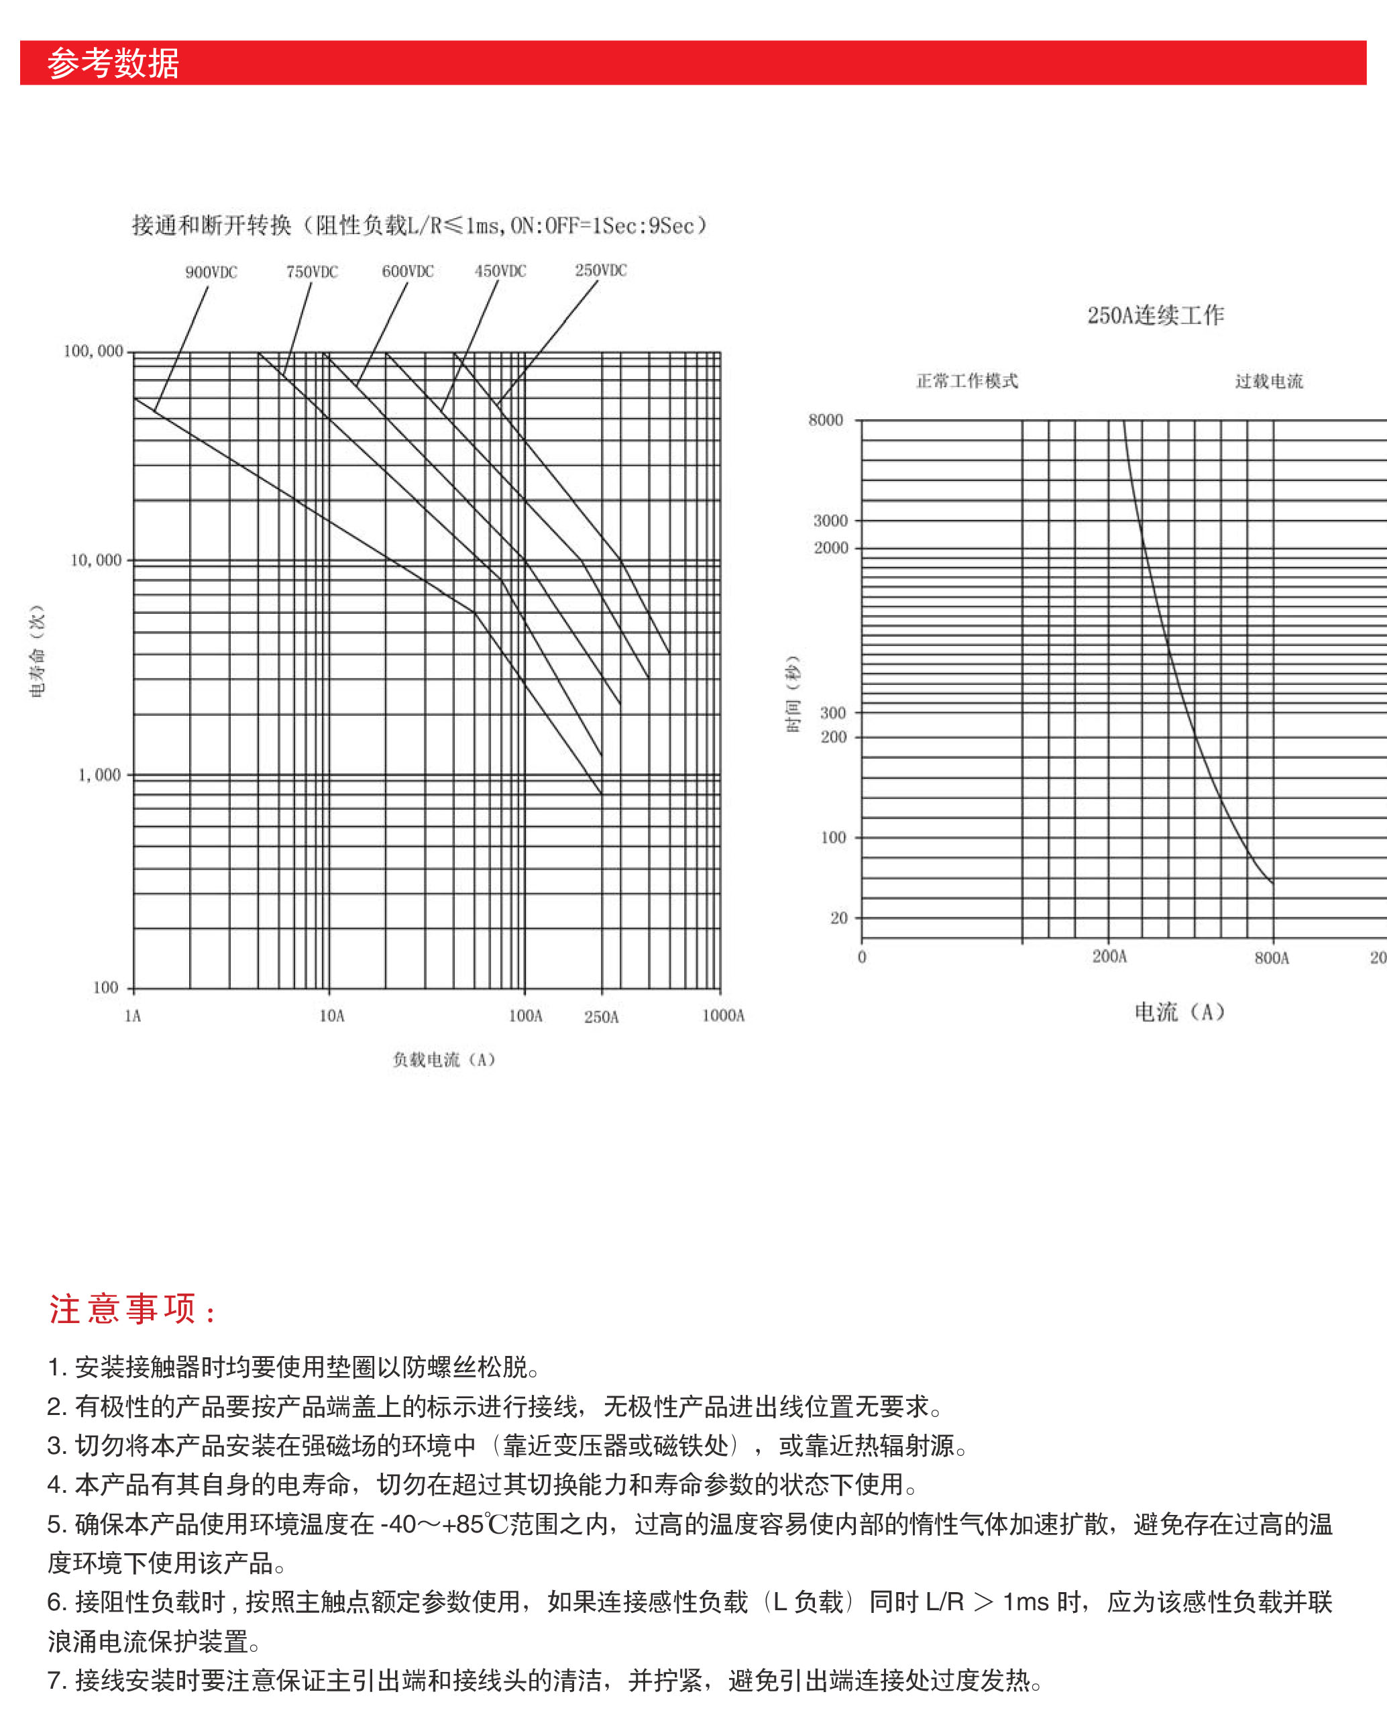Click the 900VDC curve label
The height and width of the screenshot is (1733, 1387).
point(211,272)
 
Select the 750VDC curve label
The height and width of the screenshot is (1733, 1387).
point(312,272)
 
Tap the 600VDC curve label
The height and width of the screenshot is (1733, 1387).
point(407,271)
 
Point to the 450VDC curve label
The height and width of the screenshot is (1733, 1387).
point(500,271)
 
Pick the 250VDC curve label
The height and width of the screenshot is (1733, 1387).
point(600,270)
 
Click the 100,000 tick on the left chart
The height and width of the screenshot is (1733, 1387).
point(93,352)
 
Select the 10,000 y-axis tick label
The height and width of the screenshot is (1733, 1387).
point(96,560)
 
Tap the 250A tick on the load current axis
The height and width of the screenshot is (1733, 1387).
point(601,1017)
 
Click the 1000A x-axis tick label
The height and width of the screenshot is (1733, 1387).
point(723,1015)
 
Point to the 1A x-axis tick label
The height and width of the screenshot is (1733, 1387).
point(133,1016)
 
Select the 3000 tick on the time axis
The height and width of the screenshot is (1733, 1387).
point(830,521)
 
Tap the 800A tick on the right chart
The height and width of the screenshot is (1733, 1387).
point(1271,957)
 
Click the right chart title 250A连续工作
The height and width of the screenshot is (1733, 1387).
point(1155,315)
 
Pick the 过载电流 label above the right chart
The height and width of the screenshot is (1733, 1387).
point(1268,381)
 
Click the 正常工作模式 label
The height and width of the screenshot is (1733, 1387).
point(966,381)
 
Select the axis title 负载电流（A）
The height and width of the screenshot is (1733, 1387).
point(443,1059)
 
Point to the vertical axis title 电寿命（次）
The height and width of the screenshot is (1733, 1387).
point(38,651)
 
